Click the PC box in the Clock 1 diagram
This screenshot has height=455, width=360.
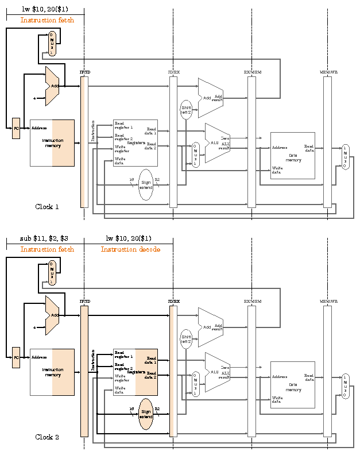pos(16,128)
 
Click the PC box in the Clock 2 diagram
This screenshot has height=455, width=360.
pos(16,357)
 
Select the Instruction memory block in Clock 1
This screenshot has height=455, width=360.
pos(52,142)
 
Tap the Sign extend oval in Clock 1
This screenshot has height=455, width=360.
pos(146,184)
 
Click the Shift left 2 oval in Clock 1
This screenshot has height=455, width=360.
pos(186,109)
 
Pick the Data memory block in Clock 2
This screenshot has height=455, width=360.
pos(293,385)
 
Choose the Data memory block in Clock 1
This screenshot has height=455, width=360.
pos(293,155)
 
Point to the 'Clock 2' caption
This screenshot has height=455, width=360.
pos(47,437)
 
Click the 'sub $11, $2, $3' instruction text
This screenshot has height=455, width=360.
pos(44,238)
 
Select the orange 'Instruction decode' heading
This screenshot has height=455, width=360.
pos(130,249)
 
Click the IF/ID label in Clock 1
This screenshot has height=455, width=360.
pos(84,72)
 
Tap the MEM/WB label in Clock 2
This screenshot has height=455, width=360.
pos(328,302)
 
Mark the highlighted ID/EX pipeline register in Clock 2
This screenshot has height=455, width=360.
pos(173,371)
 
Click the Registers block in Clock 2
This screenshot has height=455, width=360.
pos(136,372)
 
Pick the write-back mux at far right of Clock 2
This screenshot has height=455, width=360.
pos(345,385)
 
